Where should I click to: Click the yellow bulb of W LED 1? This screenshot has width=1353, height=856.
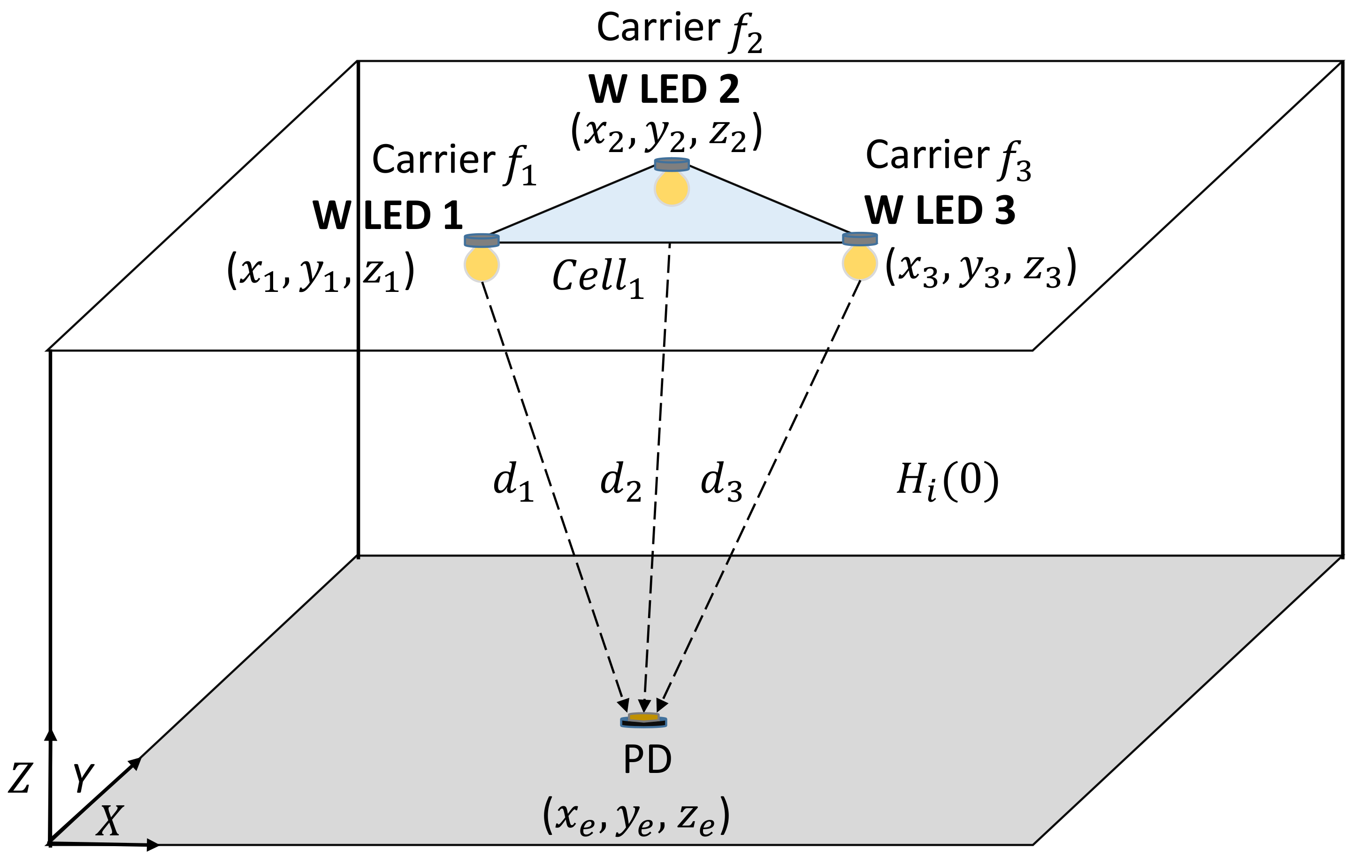[482, 264]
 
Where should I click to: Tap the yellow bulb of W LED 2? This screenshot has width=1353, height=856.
[672, 188]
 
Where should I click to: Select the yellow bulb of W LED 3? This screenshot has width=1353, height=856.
[860, 262]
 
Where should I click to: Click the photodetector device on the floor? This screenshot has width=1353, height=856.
[643, 720]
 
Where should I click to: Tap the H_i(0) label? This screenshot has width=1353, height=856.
[948, 481]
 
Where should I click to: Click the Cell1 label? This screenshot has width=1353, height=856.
[597, 278]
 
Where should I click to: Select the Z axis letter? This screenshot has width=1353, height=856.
[20, 779]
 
